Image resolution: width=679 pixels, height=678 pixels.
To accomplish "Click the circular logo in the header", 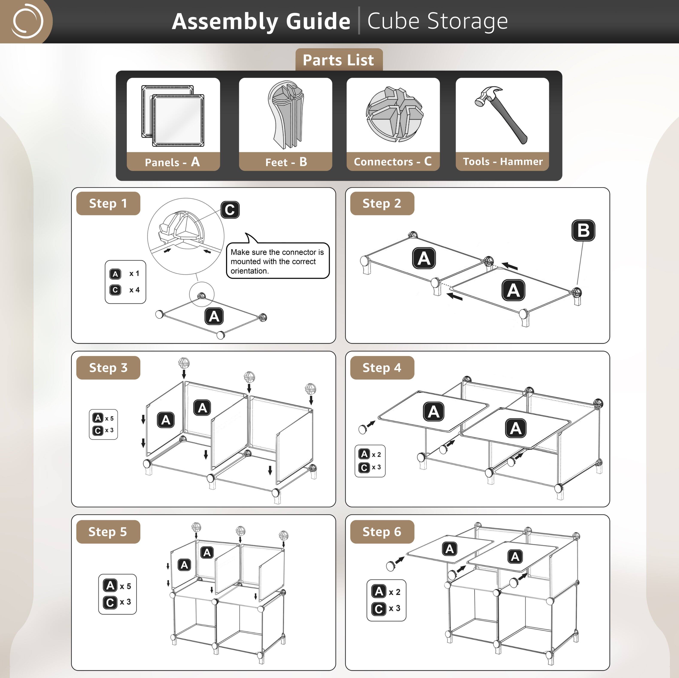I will click(x=27, y=21).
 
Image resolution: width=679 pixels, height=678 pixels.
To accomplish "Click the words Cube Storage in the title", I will click(x=437, y=21).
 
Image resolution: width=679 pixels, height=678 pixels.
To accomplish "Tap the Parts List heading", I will click(x=339, y=60).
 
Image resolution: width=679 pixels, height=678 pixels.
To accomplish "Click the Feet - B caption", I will click(x=286, y=162).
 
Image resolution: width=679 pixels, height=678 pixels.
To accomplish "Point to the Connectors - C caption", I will click(x=393, y=161).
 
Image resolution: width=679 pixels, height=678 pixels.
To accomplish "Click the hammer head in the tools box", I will click(x=487, y=95).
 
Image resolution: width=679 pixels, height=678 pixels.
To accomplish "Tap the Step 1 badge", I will click(x=108, y=203).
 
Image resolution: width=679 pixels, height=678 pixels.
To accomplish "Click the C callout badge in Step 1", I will click(x=230, y=210).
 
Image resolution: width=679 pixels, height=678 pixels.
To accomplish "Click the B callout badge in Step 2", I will click(x=583, y=230).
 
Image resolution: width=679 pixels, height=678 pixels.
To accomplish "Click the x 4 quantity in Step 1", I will click(x=134, y=290).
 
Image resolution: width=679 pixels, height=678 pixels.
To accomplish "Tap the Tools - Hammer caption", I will click(x=503, y=161).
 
